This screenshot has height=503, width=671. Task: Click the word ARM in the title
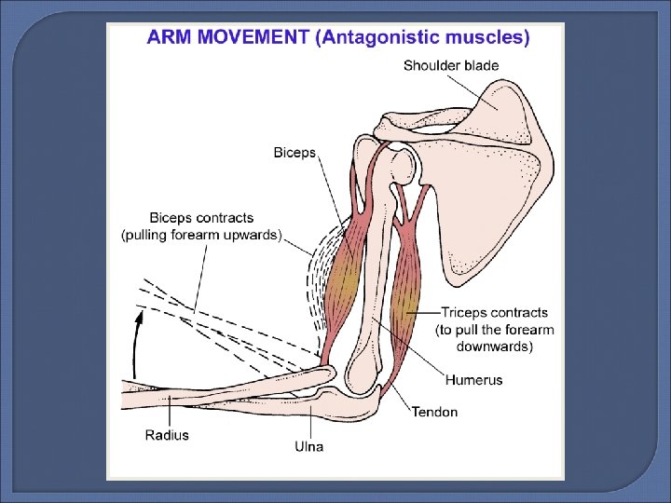coord(169,38)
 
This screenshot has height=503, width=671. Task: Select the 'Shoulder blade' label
coord(451,66)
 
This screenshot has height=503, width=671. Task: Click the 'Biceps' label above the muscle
coord(294,152)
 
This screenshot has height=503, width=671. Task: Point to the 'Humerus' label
coord(473,380)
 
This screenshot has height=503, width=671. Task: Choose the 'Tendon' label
coord(435,412)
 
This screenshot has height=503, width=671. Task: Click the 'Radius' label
coord(167,435)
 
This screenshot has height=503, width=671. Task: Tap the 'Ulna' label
coord(308,446)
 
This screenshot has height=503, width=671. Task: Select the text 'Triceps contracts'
coord(494,312)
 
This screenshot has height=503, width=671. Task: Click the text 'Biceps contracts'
coord(200,218)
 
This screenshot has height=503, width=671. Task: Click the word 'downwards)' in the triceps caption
coord(494,347)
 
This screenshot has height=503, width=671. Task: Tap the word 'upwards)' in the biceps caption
coord(248,235)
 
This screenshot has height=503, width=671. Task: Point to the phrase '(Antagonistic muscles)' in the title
coord(423,38)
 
